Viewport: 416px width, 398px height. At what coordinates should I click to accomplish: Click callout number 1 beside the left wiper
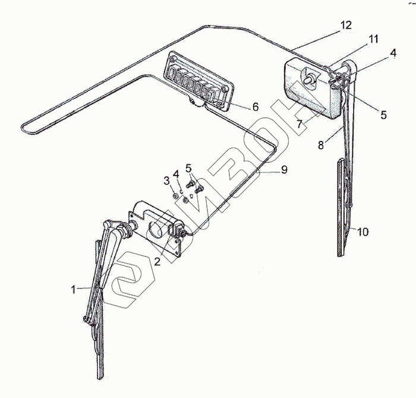[x=74, y=290]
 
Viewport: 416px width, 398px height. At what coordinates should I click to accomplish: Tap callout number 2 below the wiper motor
[x=157, y=260]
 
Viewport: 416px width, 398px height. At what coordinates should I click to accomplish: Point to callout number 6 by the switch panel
[x=256, y=107]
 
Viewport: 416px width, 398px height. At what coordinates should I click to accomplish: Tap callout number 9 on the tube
[x=284, y=170]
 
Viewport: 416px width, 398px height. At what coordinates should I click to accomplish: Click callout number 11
[x=373, y=40]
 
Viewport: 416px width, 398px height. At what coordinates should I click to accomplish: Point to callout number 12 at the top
[x=346, y=26]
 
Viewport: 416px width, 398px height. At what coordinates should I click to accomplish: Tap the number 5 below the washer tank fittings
[x=383, y=115]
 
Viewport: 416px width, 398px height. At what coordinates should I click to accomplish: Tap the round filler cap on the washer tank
[x=309, y=77]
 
